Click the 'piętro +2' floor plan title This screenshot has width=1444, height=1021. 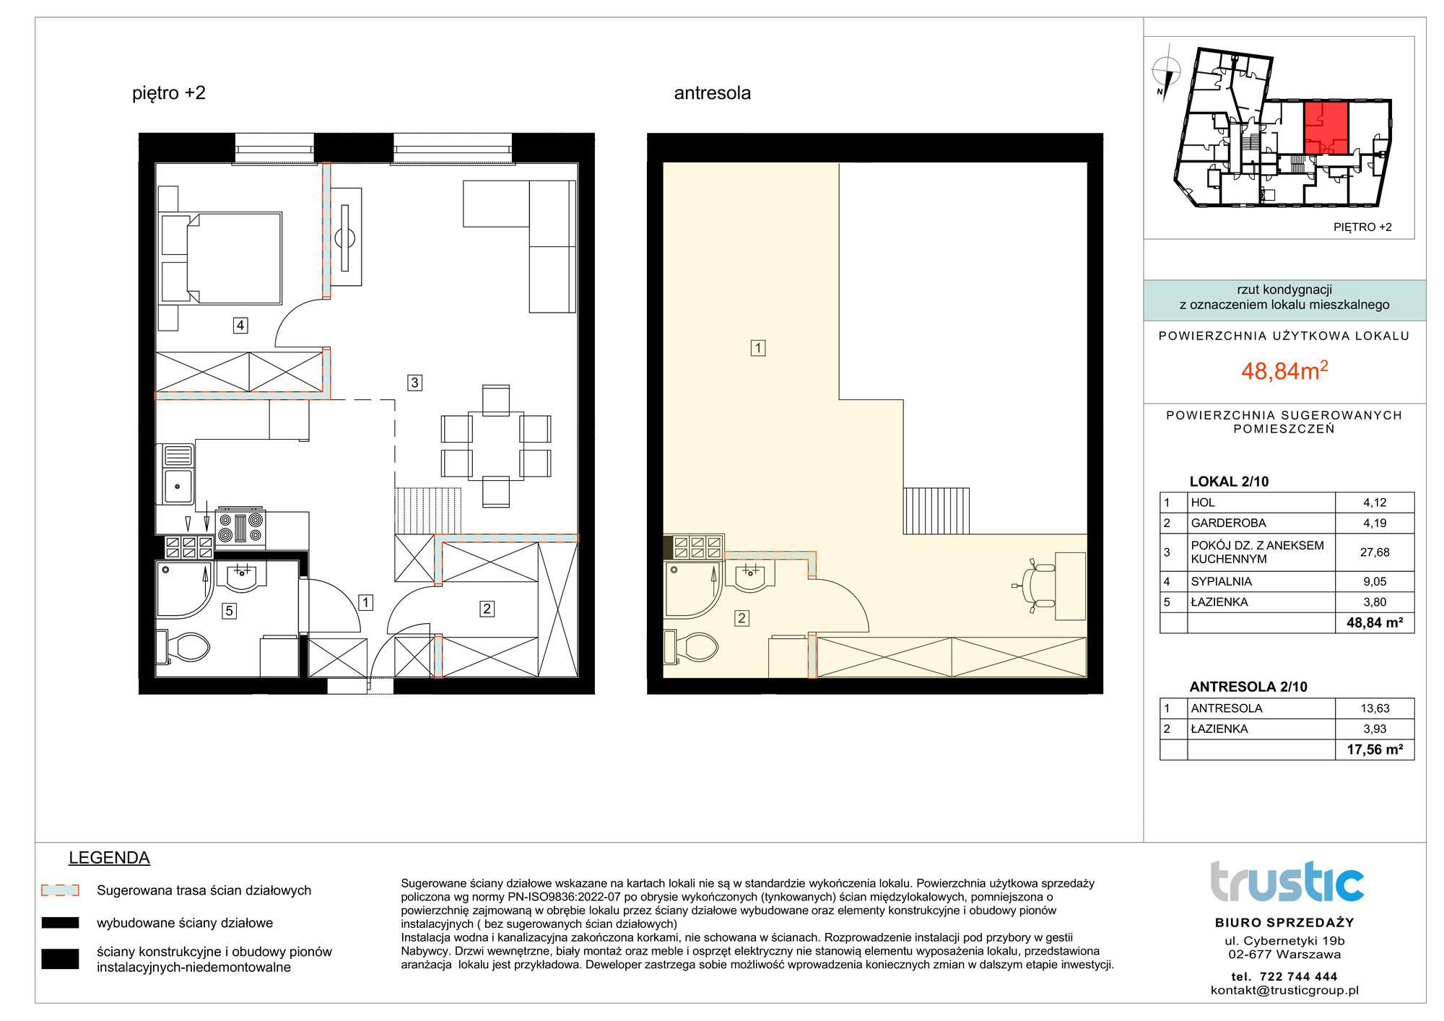[x=169, y=94]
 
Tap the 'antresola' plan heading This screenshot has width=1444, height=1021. [x=712, y=93]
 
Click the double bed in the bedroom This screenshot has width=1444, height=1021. [x=220, y=258]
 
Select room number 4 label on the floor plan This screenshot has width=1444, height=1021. [x=240, y=326]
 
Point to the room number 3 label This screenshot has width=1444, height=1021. [x=414, y=383]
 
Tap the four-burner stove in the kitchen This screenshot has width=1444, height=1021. [x=240, y=528]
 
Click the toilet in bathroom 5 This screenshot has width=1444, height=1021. [x=183, y=648]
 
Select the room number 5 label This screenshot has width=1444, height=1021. [x=229, y=611]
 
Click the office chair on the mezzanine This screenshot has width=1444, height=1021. [x=1035, y=586]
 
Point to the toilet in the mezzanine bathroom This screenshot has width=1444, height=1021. [x=691, y=648]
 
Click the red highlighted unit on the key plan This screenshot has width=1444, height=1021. [x=1326, y=129]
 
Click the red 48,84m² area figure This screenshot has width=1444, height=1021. [x=1284, y=370]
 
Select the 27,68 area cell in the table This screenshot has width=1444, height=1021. [x=1375, y=552]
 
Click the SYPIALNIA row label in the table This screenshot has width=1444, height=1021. [x=1222, y=581]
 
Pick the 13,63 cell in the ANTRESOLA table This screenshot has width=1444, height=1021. [x=1375, y=708]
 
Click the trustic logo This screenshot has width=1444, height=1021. [x=1287, y=882]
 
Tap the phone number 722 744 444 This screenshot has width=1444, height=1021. [x=1298, y=976]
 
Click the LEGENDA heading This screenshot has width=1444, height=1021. [x=109, y=858]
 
